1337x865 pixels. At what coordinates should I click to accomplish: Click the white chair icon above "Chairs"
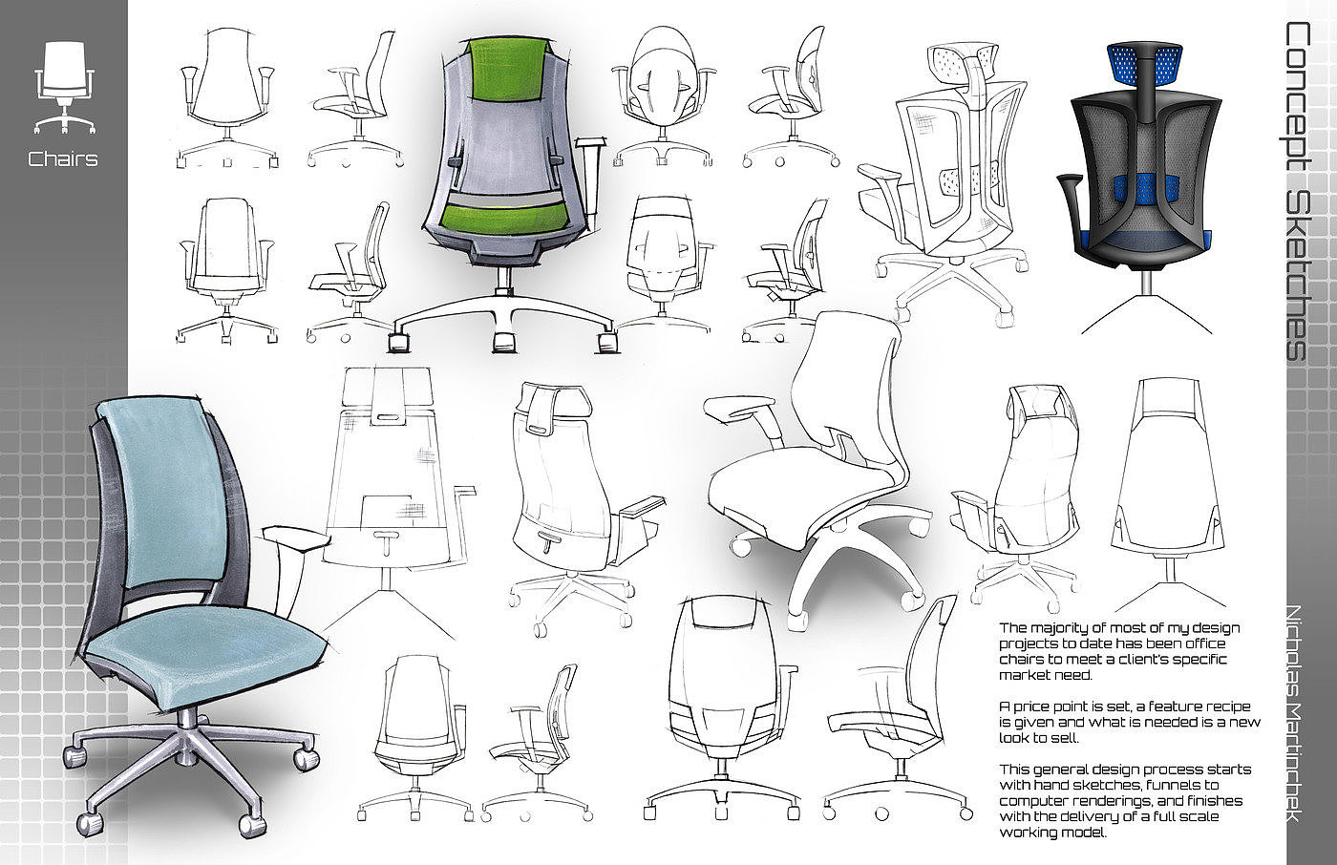point(64,87)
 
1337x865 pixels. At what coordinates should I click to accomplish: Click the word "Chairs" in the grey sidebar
point(63,158)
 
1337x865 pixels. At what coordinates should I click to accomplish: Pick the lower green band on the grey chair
point(508,216)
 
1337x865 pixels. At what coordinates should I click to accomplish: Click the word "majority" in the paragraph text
point(1064,628)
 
